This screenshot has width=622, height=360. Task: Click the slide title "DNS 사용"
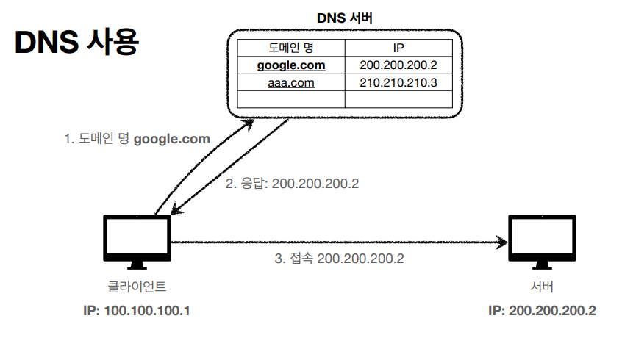(76, 43)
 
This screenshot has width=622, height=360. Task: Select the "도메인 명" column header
(290, 48)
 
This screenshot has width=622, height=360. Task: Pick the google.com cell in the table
(290, 65)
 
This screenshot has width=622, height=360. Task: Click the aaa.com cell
(290, 83)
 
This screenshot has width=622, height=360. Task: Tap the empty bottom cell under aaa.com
(290, 99)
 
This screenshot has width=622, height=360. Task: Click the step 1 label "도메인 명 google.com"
(137, 138)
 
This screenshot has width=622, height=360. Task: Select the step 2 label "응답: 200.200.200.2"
(292, 183)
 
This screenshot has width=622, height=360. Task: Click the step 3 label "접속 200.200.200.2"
(339, 258)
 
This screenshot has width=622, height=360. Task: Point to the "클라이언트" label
(137, 286)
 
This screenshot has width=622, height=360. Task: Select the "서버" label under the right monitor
(541, 286)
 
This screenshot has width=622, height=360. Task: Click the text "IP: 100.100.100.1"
(137, 310)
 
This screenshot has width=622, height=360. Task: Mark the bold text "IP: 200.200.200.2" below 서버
(542, 310)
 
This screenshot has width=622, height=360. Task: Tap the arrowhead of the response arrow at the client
(174, 212)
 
